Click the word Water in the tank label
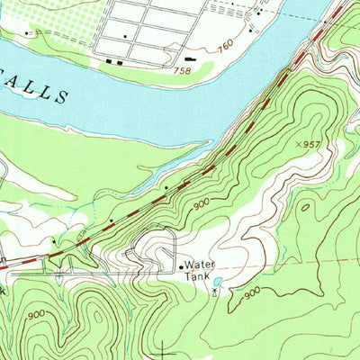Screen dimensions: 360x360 click(199, 265)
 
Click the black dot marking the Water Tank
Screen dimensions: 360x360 click(180, 266)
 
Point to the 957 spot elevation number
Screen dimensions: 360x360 click(310, 144)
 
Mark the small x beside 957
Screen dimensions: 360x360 click(296, 143)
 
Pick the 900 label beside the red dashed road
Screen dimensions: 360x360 click(200, 204)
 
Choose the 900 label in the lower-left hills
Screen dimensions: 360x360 click(36, 314)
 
